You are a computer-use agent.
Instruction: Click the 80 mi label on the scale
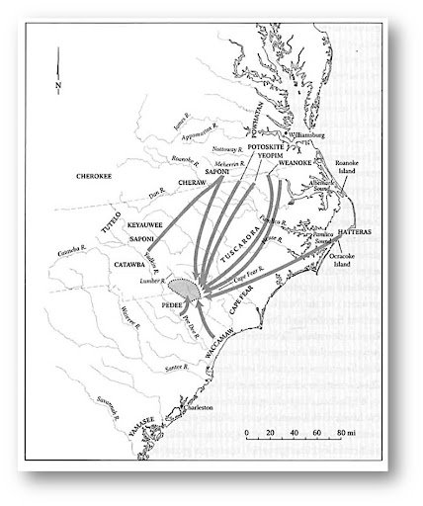pos(341,432)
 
